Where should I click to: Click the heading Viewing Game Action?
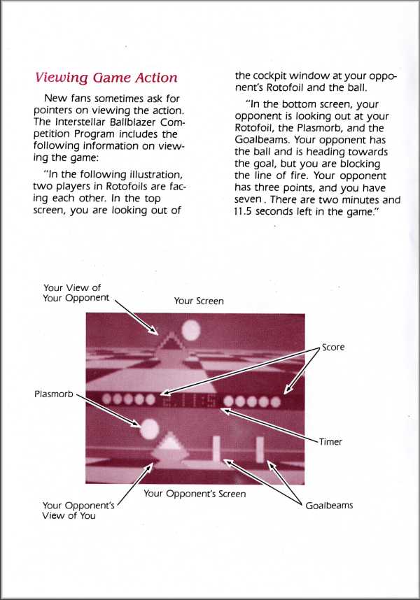coord(106,78)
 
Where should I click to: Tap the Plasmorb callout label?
coord(54,394)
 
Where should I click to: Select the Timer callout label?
coord(330,441)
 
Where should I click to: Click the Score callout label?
coord(333,347)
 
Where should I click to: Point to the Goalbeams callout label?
coord(329,506)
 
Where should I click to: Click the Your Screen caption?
coord(199,301)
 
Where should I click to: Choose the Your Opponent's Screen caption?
coord(195,494)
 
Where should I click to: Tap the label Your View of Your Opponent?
coord(76,293)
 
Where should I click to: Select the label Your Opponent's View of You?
coord(78,510)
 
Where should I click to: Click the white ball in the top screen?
coord(190,330)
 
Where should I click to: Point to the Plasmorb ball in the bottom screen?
coord(149,429)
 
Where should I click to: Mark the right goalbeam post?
coord(260,448)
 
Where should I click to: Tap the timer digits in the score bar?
coord(189,401)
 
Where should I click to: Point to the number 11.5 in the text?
coord(243,212)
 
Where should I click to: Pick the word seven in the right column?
coord(247,201)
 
